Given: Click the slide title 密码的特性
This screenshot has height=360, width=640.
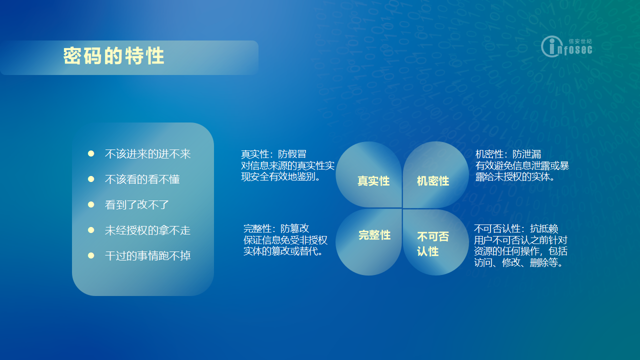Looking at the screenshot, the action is tap(113, 55).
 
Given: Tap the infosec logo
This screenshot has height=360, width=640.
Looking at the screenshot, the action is tap(566, 46).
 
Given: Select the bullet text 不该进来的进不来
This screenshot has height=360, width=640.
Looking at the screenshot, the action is tap(147, 154).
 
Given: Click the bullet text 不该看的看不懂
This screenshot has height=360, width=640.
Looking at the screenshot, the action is tap(142, 179).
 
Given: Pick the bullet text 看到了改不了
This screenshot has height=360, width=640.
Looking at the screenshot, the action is tap(137, 205).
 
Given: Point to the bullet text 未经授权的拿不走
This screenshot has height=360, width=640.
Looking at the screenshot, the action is tap(147, 230).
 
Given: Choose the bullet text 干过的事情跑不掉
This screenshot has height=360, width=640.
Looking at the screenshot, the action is tap(147, 255).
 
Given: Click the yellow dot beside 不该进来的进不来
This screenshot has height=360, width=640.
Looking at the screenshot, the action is tap(91, 153).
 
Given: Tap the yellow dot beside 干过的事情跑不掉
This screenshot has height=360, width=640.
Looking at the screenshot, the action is tap(91, 255).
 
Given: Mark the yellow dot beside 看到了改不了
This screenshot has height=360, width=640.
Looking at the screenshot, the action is tap(91, 204).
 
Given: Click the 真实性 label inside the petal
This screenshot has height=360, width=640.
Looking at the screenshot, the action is tap(373, 181).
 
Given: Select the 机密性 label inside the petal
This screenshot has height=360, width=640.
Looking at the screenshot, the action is tap(433, 181).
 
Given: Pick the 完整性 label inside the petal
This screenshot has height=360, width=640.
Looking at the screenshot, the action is tap(374, 235).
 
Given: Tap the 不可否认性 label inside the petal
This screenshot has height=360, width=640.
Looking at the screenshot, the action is tap(433, 244).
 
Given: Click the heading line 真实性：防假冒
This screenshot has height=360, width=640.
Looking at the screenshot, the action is tap(273, 154).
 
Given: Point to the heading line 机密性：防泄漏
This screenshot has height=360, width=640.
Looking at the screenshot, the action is tap(508, 154).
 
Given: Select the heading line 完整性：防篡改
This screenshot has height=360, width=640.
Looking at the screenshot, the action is tap(276, 228).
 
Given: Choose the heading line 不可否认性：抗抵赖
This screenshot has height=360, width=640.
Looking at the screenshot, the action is tap(516, 228).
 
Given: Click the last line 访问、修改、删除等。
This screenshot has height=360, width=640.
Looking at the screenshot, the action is tap(518, 262).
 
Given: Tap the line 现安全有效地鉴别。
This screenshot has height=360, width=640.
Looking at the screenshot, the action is tap(281, 177).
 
